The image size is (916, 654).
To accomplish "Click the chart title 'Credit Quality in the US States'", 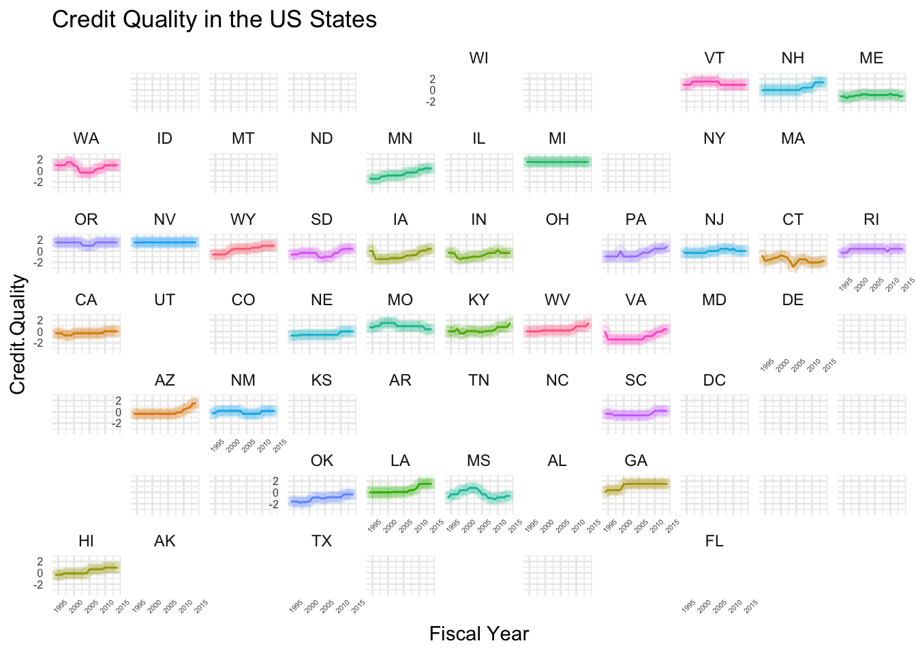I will coord(214,19).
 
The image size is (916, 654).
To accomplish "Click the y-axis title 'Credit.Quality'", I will coord(18,334).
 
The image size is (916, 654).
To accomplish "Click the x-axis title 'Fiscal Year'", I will coord(478,634).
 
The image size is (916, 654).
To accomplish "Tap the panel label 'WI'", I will coord(478,59).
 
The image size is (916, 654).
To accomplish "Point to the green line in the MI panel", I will coord(558,161).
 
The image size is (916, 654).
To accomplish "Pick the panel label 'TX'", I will coord(322,542).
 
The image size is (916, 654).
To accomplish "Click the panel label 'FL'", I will coord(714,542).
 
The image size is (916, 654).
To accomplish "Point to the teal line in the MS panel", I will coord(470,488).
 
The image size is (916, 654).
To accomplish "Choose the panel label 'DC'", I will coord(714,381).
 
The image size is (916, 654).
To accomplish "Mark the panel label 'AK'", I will coord(165,542).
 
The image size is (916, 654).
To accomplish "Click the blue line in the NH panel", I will coord(784,90).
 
